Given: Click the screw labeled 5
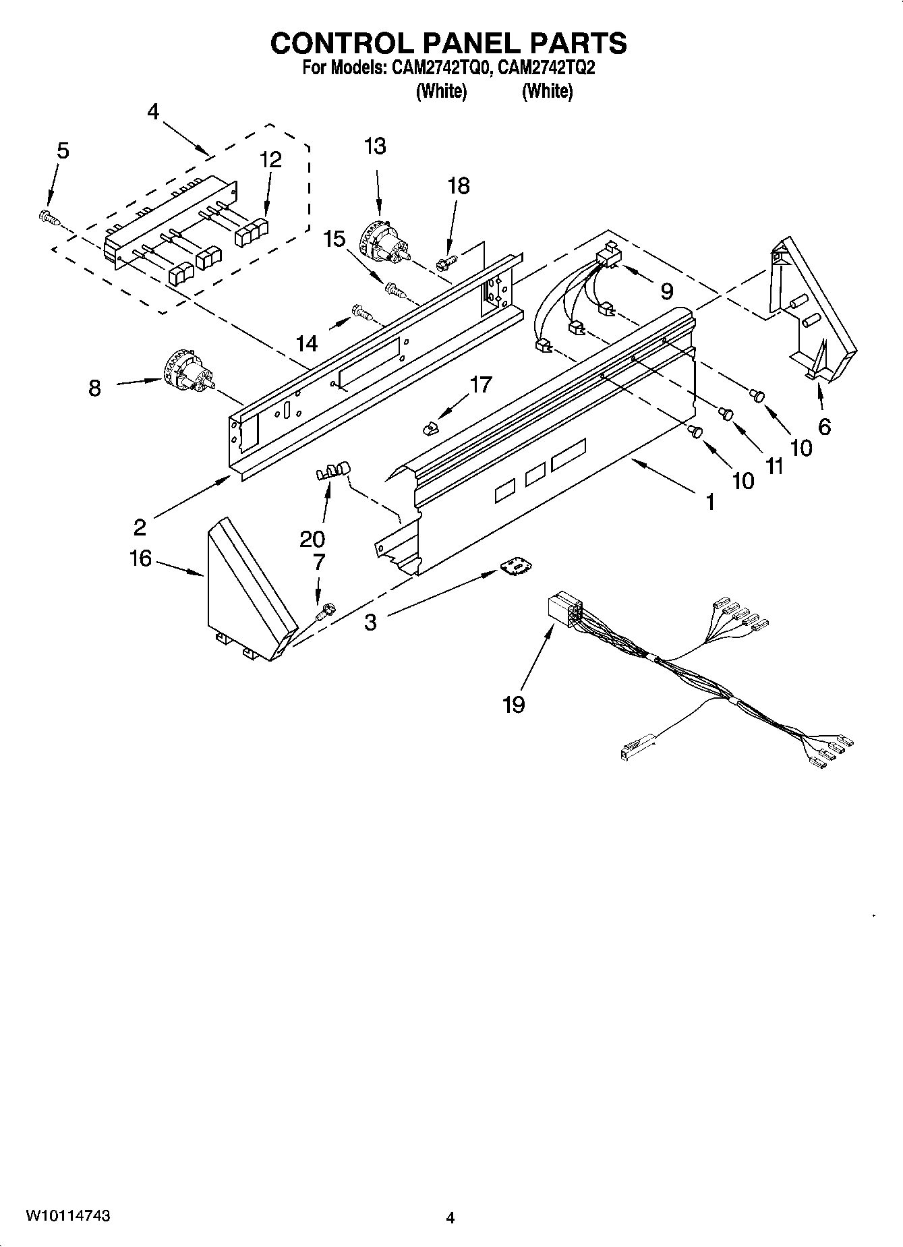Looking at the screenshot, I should tap(48, 217).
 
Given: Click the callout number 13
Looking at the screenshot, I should tap(375, 146).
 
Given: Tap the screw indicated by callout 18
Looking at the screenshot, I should tap(447, 262).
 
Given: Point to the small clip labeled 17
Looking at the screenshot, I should tap(430, 427).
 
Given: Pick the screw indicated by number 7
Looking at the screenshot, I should tap(325, 611).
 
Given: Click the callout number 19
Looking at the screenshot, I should tap(513, 705).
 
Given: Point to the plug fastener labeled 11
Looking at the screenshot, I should tap(726, 412).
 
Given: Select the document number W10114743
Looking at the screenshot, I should tap(68, 1215).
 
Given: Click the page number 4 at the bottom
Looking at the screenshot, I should tap(450, 1217).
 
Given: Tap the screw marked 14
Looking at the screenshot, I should tap(361, 312).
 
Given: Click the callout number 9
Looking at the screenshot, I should tap(666, 291).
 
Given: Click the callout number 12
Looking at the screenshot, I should tap(270, 160).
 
